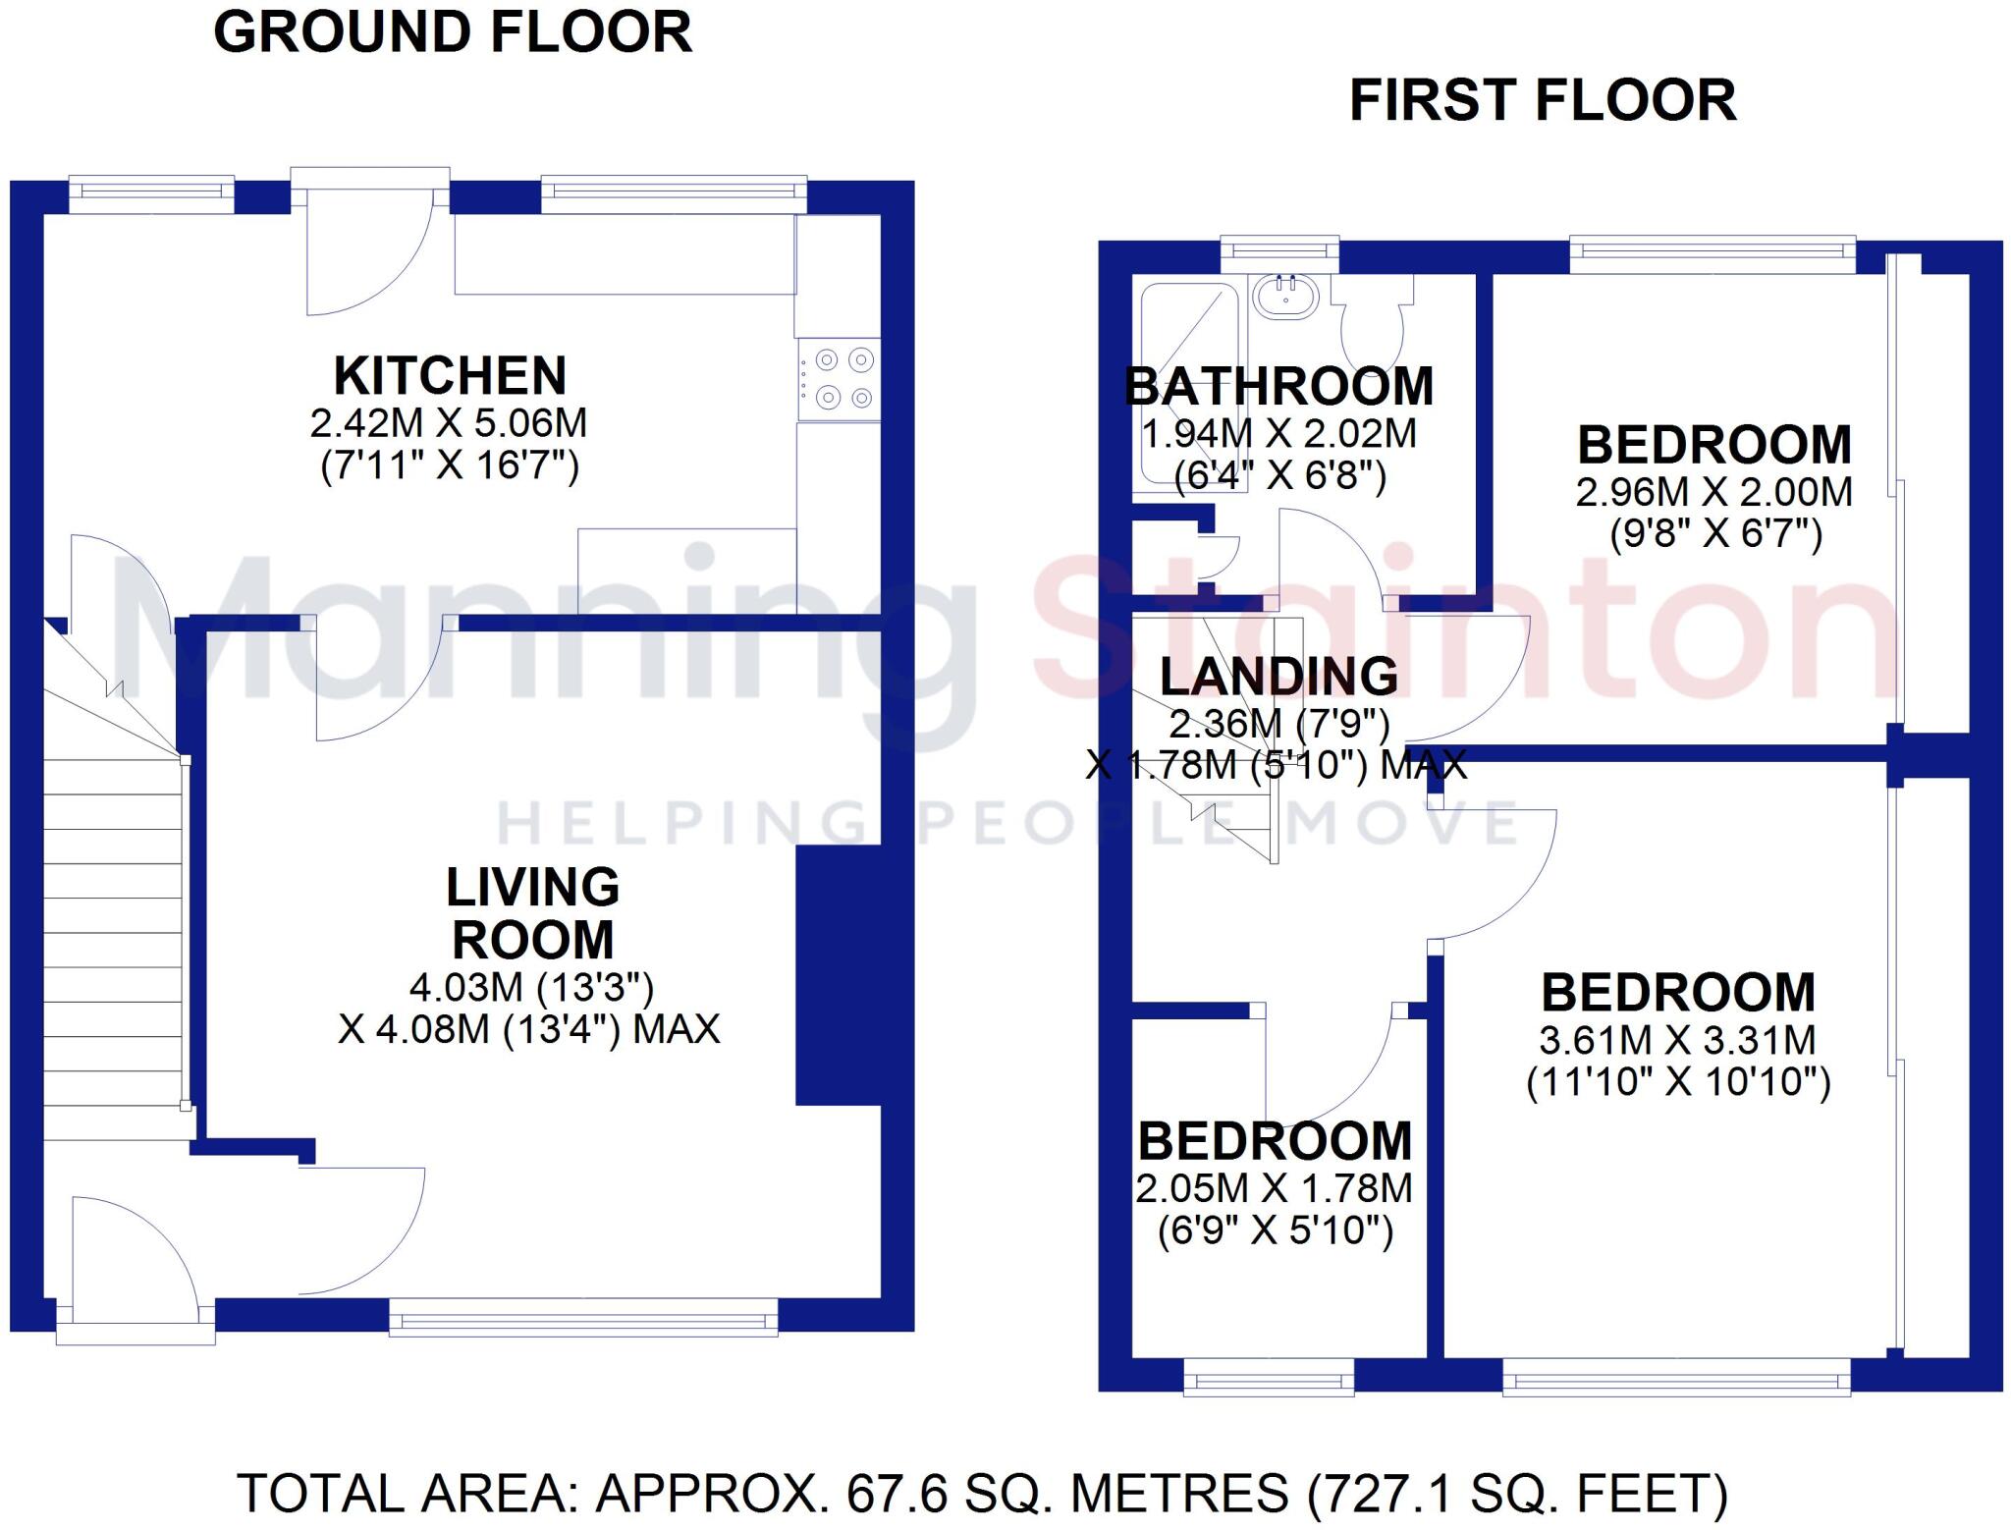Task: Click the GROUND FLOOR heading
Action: pyautogui.click(x=453, y=32)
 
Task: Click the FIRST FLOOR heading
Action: pyautogui.click(x=1543, y=101)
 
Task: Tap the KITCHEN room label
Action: pyautogui.click(x=451, y=375)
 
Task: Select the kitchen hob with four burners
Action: pyautogui.click(x=839, y=379)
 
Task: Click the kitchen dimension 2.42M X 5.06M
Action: pyautogui.click(x=449, y=423)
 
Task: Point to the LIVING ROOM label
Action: pyautogui.click(x=533, y=913)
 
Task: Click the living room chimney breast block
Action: pyautogui.click(x=838, y=974)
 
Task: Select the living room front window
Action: pyautogui.click(x=583, y=1317)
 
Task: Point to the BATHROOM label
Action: pyautogui.click(x=1278, y=386)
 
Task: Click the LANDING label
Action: pyautogui.click(x=1278, y=676)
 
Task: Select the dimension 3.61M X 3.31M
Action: pyautogui.click(x=1677, y=1040)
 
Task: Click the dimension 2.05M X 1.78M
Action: pyautogui.click(x=1275, y=1188)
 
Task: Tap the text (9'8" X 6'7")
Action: pyautogui.click(x=1715, y=534)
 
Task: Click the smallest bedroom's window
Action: pyautogui.click(x=1269, y=1380)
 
